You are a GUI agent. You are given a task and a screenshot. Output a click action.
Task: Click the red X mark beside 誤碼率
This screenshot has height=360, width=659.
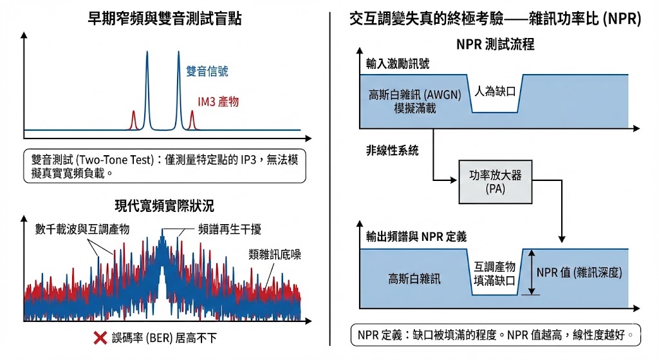tap(100, 337)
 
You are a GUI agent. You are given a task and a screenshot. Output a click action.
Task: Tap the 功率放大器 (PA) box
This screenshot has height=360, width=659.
tap(495, 182)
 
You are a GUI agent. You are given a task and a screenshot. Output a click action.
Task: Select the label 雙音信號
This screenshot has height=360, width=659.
tap(207, 71)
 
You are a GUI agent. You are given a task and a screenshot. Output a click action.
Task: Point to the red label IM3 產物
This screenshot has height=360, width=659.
tap(218, 101)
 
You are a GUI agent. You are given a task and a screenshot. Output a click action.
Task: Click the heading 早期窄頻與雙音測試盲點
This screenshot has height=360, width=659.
tap(164, 19)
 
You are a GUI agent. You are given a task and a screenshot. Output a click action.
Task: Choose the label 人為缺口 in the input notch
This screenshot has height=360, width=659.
tap(495, 91)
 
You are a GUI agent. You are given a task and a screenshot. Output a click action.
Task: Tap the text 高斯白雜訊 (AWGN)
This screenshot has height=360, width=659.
tap(415, 95)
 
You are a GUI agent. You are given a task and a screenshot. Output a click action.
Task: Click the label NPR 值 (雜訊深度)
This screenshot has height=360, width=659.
tap(579, 272)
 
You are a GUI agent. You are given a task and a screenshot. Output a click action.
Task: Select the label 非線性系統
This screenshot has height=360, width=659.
tap(392, 150)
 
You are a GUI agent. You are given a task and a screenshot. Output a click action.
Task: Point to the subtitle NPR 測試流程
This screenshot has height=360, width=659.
tap(495, 44)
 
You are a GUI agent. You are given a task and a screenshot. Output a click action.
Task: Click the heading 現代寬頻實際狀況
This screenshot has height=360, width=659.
tap(164, 205)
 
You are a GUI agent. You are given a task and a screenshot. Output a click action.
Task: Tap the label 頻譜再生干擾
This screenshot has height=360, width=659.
tap(230, 229)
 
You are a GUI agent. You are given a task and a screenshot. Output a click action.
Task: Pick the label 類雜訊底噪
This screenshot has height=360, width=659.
tap(274, 254)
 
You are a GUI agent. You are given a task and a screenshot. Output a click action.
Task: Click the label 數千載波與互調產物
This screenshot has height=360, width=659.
tap(82, 229)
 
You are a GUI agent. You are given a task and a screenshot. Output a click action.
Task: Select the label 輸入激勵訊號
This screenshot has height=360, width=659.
tap(398, 64)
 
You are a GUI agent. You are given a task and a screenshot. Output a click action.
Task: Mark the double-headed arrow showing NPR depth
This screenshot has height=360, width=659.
tap(532, 272)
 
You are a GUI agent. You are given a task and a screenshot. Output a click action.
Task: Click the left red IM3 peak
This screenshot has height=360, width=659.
tap(134, 120)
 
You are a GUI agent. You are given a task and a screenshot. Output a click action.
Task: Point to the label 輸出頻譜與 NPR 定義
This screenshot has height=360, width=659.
tap(416, 237)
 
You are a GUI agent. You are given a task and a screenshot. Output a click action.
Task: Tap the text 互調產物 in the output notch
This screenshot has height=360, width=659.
tap(495, 267)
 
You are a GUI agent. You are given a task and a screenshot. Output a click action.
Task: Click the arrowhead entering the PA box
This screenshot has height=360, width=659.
tap(454, 180)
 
